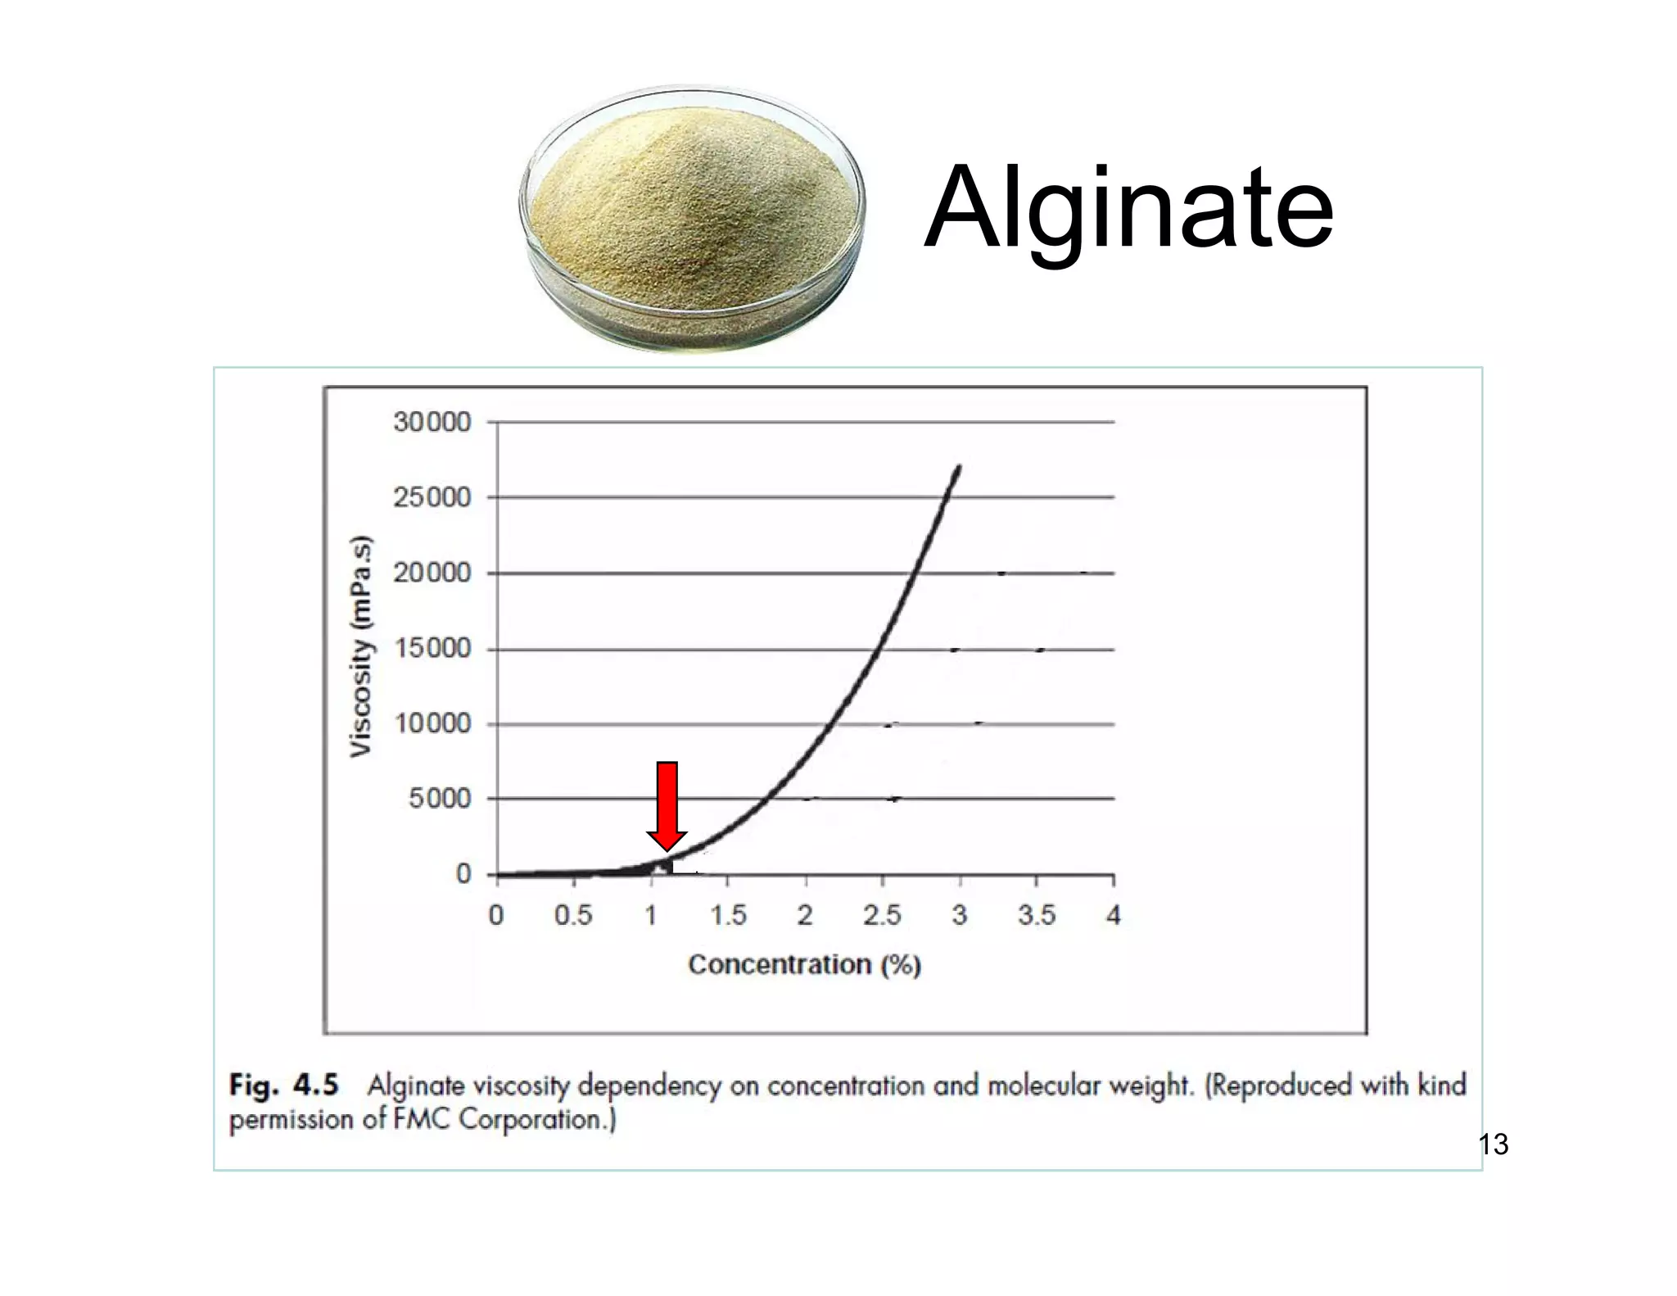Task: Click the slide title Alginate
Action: [1128, 208]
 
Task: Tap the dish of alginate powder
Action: [693, 220]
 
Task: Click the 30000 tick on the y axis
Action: [432, 423]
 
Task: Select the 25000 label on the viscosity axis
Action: [432, 497]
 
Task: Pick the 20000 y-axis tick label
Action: [432, 573]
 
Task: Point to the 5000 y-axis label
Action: [440, 799]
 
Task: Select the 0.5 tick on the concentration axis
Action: [573, 915]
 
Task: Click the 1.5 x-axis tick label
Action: [728, 915]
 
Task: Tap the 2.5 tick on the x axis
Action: [882, 915]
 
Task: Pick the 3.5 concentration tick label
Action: [1037, 915]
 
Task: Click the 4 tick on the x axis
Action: [1113, 915]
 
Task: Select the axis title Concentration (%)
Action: [804, 965]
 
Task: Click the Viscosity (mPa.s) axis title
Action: [361, 647]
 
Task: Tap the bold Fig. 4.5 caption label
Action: [283, 1085]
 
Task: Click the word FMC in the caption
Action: [422, 1119]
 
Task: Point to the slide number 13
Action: [1494, 1144]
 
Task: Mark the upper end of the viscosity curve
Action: [958, 468]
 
